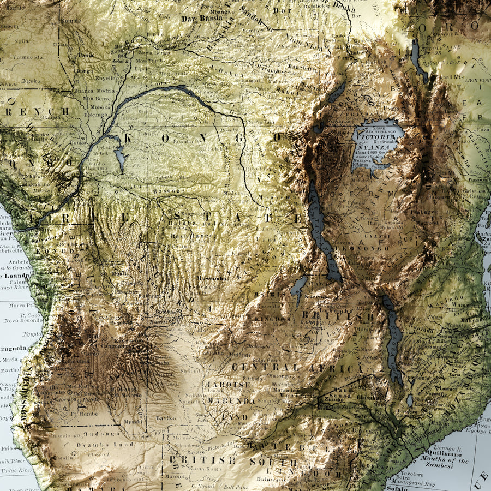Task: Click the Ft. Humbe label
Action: click(85, 414)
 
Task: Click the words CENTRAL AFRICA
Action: click(297, 368)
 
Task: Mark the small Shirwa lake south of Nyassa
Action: click(410, 401)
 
